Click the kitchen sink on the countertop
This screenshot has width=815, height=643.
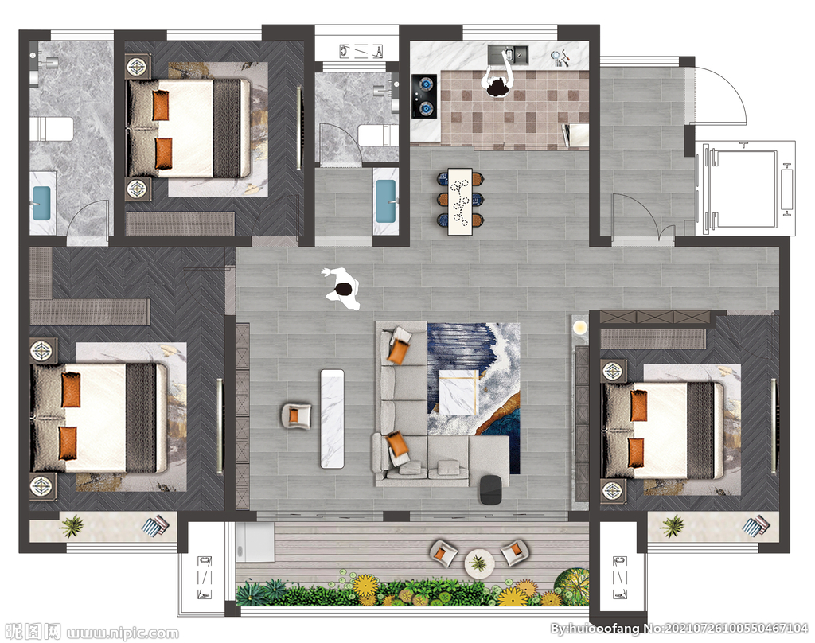coord(508,54)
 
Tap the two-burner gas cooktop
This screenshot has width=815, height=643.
coord(424,96)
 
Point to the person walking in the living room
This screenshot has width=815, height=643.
coord(341,289)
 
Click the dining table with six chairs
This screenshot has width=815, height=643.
coord(460,201)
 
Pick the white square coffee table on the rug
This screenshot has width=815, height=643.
coord(458,392)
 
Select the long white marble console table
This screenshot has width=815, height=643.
coord(333,419)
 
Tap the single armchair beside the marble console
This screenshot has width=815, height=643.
coord(296,416)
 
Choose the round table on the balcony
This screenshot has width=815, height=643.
coord(480,563)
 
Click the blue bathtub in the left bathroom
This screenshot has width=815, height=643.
coord(42,203)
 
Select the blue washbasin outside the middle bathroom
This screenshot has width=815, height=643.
coord(386,201)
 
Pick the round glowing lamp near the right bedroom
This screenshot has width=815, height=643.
coord(580,328)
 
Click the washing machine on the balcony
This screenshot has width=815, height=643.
coord(255,542)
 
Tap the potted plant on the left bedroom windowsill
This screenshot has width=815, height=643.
coord(72,526)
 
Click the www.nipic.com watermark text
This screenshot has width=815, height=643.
coord(123,633)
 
